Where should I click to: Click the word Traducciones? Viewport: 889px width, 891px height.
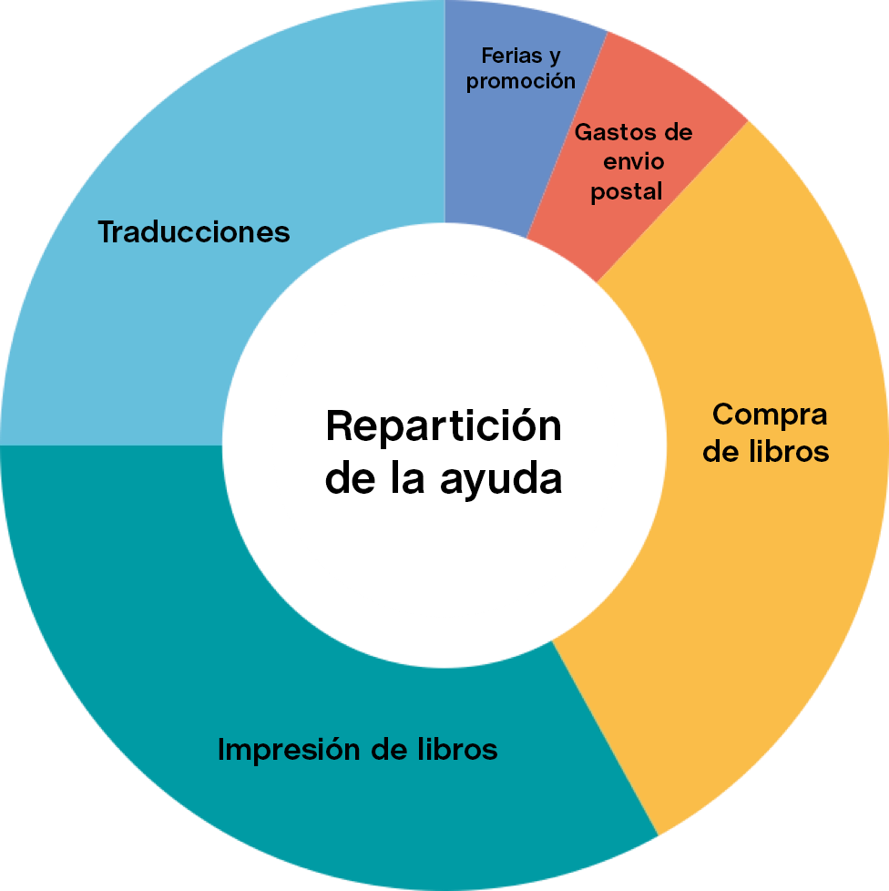click(x=193, y=232)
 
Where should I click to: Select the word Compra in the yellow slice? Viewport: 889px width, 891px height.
click(x=770, y=415)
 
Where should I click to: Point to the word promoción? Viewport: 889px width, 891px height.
click(x=521, y=81)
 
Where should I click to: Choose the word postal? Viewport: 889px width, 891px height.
click(x=627, y=192)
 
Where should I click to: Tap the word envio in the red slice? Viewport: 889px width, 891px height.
click(x=634, y=162)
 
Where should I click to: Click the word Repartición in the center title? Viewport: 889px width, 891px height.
click(x=444, y=426)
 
